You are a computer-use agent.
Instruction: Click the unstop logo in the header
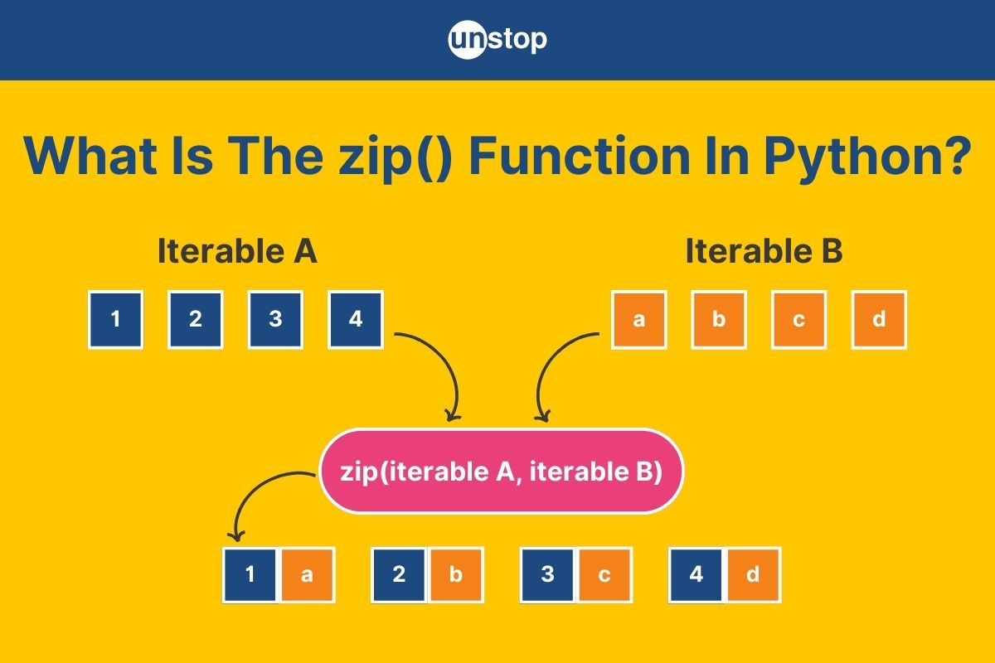[498, 40]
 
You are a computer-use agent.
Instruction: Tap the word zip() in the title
[396, 158]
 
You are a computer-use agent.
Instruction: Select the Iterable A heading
[238, 251]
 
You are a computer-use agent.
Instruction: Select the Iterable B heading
[764, 251]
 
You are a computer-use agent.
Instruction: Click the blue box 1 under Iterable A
[115, 319]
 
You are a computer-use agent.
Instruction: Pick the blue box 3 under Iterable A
[275, 319]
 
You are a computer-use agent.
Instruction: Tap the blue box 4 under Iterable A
[356, 319]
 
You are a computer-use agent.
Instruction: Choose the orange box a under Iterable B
[638, 319]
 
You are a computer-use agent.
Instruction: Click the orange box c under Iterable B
[798, 319]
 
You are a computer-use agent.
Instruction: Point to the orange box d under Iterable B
[879, 319]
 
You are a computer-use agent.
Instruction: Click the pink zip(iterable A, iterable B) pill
[501, 472]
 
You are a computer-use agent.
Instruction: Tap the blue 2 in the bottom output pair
[399, 574]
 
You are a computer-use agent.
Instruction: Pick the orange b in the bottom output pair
[456, 574]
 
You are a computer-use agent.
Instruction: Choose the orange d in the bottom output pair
[753, 574]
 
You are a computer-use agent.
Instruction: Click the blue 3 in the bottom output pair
[548, 574]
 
